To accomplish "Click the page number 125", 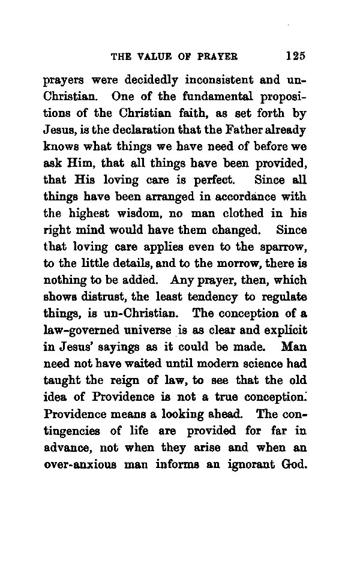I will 296,56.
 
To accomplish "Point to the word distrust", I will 104,296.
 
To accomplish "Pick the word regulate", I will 281,296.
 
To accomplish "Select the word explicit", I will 284,329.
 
